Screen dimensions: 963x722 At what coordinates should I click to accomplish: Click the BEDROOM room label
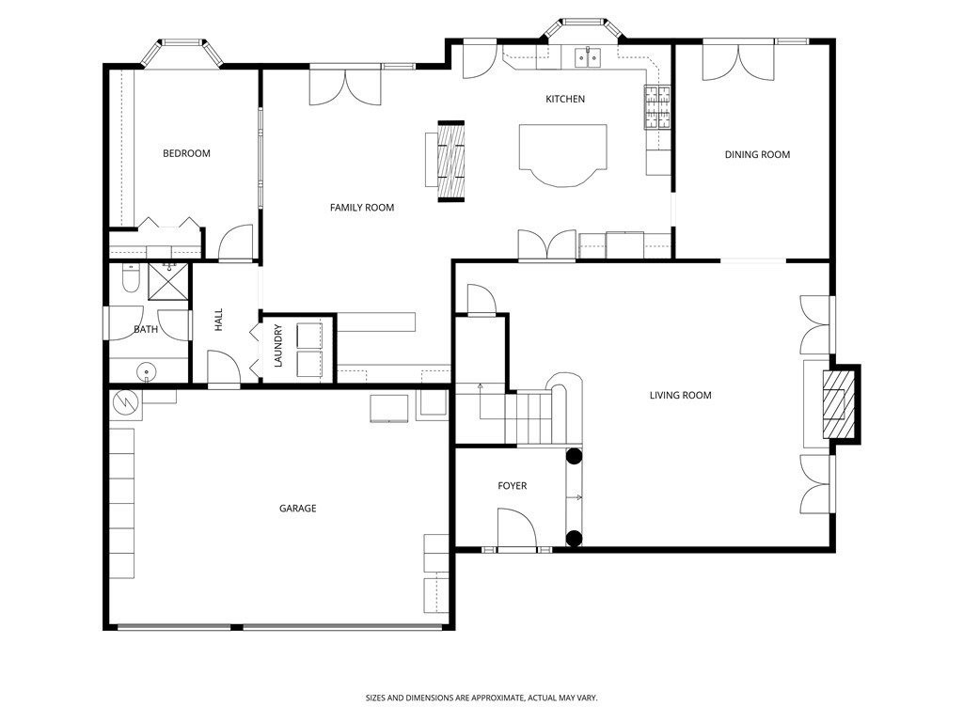point(186,153)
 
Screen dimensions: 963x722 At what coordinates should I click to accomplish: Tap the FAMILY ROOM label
point(362,208)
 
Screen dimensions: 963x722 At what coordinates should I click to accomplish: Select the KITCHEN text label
point(565,99)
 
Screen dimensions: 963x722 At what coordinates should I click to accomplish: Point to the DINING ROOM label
point(757,155)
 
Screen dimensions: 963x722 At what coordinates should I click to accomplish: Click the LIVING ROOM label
point(681,396)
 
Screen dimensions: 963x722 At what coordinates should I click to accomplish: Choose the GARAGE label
point(298,509)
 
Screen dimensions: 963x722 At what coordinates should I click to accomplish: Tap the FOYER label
point(513,486)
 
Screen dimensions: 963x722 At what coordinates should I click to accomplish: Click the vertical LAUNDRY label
point(277,346)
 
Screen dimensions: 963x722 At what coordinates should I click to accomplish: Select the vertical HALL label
point(218,320)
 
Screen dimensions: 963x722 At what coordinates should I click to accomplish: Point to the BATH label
point(146,330)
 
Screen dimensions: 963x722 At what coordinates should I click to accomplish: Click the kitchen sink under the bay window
point(589,57)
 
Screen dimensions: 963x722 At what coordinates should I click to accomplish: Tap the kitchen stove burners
point(657,107)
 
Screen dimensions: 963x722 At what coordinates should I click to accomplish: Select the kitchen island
point(563,154)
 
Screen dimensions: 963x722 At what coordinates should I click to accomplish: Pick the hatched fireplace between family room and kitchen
point(450,162)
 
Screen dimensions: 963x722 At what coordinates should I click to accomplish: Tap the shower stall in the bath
point(168,282)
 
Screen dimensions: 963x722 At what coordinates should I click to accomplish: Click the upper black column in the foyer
point(574,456)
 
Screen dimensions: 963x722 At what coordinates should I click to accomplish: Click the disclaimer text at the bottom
point(481,698)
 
